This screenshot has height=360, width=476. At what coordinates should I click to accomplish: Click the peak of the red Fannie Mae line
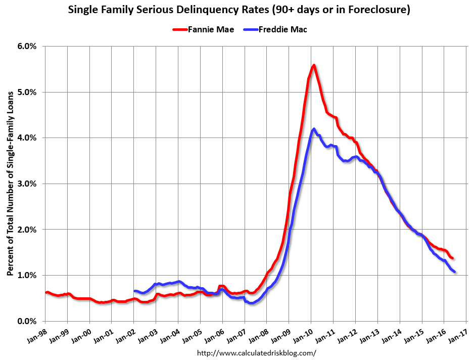tap(314, 65)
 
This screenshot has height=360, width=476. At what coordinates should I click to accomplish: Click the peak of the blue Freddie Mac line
tap(314, 129)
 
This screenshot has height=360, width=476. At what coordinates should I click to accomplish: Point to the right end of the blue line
tap(455, 272)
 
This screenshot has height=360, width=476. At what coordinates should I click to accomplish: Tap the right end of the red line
tap(452, 258)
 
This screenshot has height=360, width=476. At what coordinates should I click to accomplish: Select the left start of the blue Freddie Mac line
tap(134, 291)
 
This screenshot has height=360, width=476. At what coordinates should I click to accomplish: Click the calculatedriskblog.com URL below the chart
tap(256, 353)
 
